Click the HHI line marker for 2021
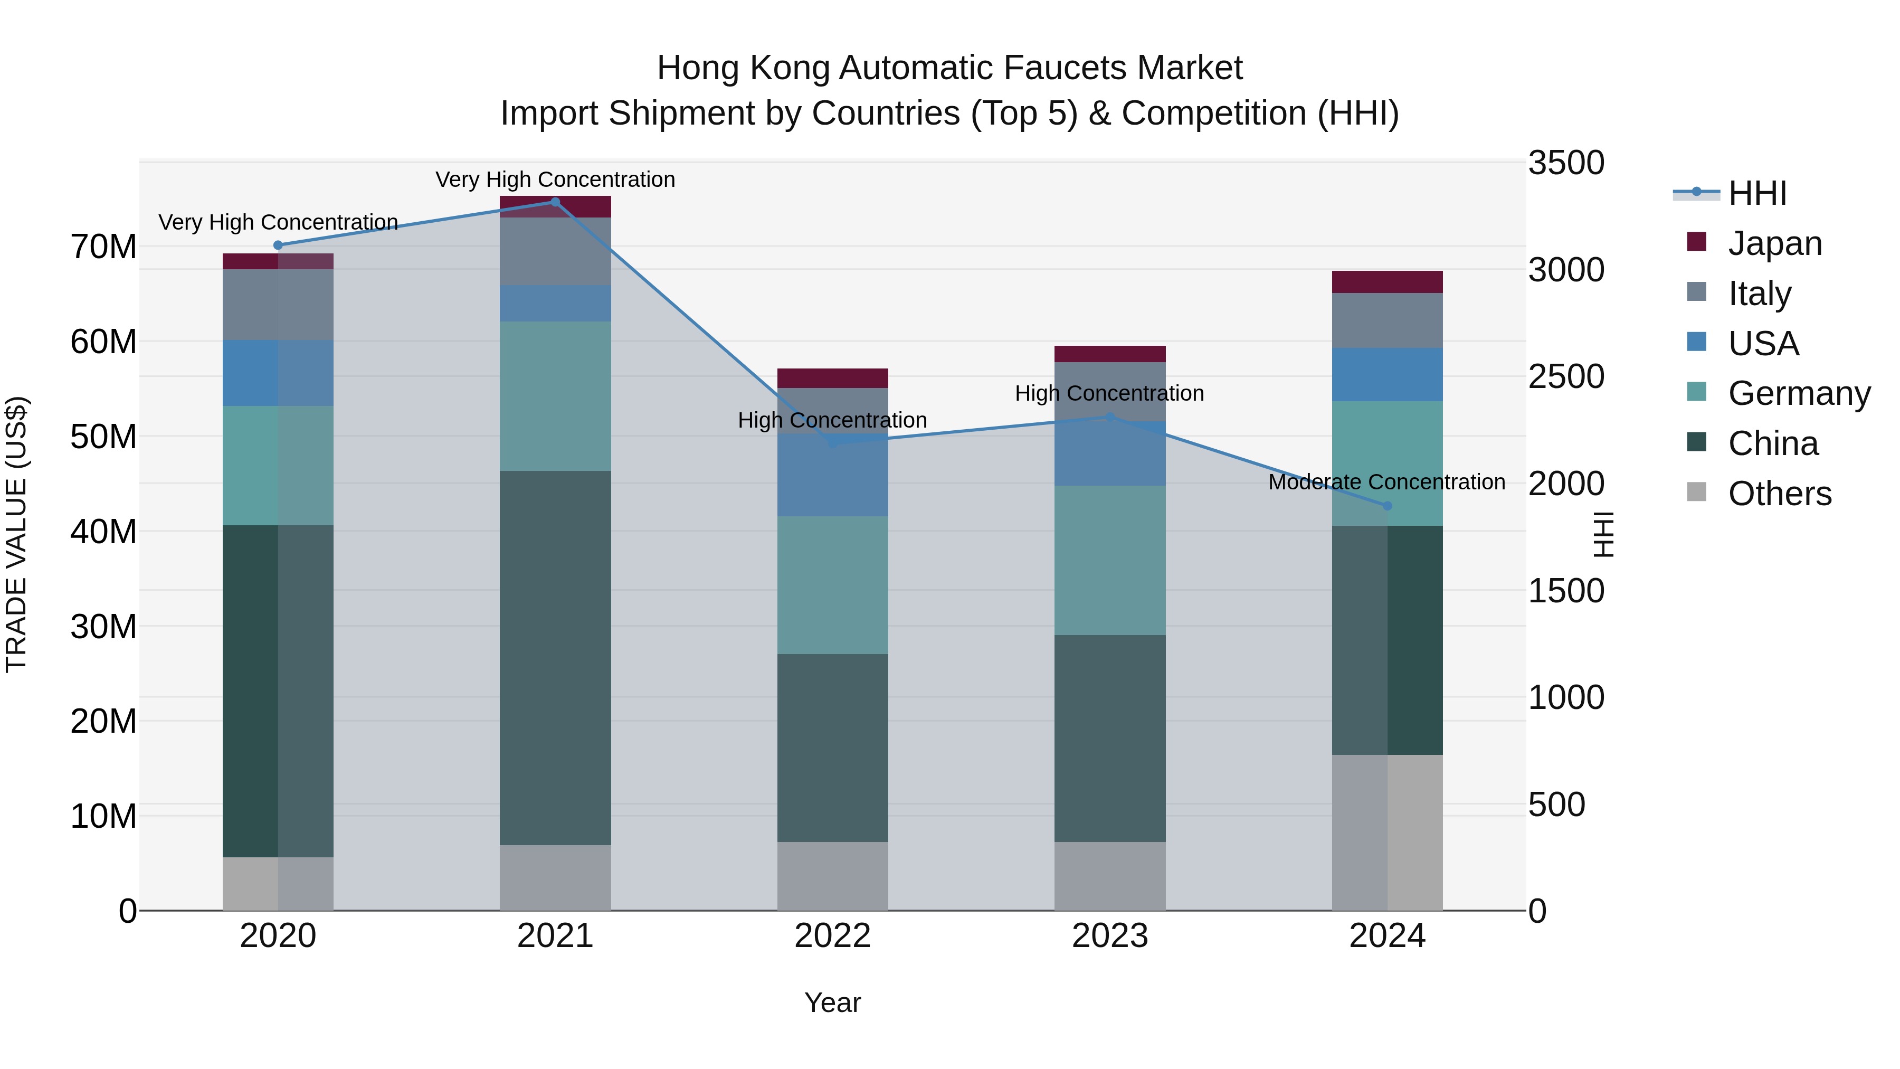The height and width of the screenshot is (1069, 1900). [x=555, y=202]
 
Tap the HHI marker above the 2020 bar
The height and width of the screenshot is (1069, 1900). [x=278, y=245]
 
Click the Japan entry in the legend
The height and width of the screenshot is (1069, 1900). [x=1774, y=243]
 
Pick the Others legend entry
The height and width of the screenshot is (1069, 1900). [x=1779, y=494]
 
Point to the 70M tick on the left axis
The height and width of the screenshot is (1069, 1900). [x=103, y=247]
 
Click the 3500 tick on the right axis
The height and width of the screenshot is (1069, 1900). [x=1565, y=163]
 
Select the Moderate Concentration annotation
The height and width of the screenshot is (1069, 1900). [x=1386, y=482]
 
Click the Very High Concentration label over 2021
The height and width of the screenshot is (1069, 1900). [x=555, y=179]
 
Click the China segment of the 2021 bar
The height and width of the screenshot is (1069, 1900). [x=555, y=657]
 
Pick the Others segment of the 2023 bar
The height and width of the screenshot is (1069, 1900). [x=1109, y=876]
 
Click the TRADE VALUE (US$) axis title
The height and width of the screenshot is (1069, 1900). [x=16, y=534]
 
